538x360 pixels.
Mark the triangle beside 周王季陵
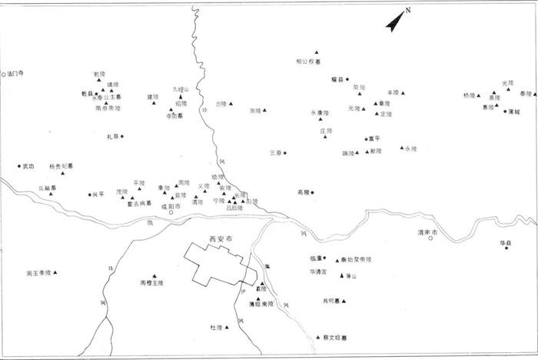pyautogui.click(x=55, y=272)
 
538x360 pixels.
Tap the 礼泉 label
pyautogui.click(x=112, y=137)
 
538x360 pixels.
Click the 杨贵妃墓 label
pyautogui.click(x=61, y=165)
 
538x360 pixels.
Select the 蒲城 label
pyautogui.click(x=513, y=112)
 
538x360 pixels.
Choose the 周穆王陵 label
pyautogui.click(x=151, y=283)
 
